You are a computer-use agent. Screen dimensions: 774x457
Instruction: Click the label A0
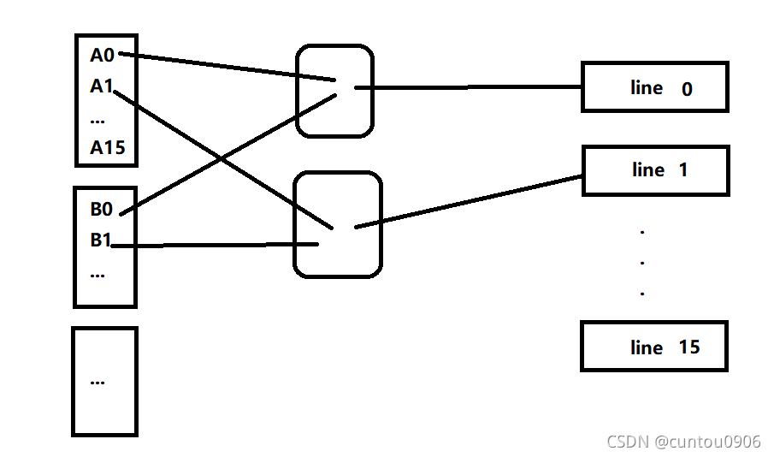(x=102, y=56)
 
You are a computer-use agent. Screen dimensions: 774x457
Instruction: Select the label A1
(x=101, y=86)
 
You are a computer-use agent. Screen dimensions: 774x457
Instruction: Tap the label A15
(x=107, y=147)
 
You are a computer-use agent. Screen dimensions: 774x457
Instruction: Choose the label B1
(x=100, y=240)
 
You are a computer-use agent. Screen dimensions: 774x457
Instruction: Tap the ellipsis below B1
(x=97, y=273)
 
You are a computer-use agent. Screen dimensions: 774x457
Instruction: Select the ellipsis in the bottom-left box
(x=97, y=381)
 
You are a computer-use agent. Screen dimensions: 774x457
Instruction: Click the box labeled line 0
(x=654, y=86)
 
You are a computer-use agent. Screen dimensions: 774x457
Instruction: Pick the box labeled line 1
(x=655, y=170)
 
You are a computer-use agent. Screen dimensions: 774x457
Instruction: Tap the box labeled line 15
(x=653, y=346)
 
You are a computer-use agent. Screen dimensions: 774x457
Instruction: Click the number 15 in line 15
(x=688, y=347)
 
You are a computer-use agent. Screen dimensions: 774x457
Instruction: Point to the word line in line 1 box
(x=647, y=170)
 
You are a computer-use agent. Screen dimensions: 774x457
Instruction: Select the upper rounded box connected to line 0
(x=334, y=91)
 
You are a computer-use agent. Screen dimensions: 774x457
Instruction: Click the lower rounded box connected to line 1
(x=337, y=224)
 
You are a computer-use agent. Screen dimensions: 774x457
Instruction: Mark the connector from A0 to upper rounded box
(x=227, y=68)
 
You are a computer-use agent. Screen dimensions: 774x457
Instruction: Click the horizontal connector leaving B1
(x=214, y=246)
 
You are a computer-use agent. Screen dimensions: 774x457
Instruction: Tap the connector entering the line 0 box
(x=470, y=87)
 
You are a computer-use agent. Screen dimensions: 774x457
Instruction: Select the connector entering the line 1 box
(x=470, y=201)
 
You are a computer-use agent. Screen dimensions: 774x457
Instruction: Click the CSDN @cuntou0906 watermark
(x=682, y=442)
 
